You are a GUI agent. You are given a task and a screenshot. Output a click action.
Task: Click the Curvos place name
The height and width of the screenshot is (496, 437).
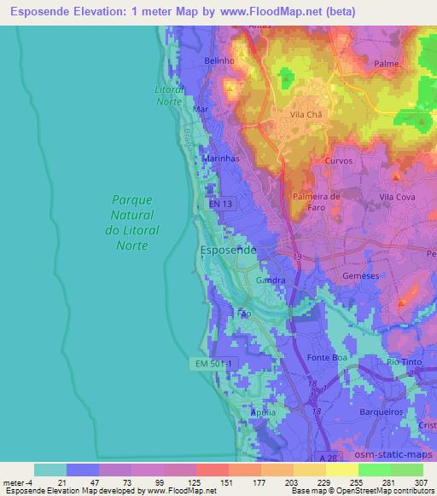point(338,160)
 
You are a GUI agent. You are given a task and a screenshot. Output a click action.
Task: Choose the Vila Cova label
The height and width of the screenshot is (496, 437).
point(398,197)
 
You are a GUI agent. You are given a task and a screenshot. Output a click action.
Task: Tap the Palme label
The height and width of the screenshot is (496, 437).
point(387,63)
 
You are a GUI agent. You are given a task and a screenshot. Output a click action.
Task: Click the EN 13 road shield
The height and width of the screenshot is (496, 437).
point(221,205)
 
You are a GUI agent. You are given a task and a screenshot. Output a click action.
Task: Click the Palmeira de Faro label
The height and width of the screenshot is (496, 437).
point(317,202)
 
